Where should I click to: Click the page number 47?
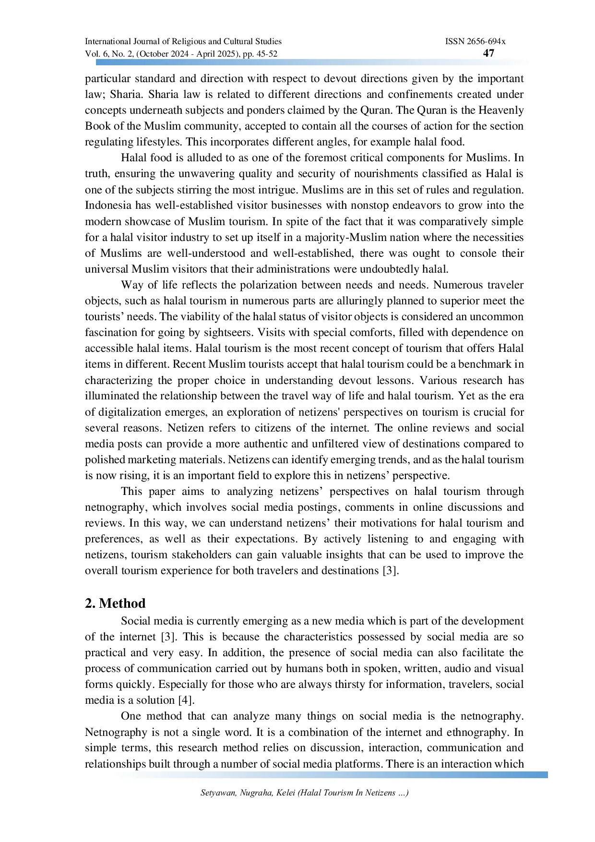488,53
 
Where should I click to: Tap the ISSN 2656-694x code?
475,42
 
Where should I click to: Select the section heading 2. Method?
115,603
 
